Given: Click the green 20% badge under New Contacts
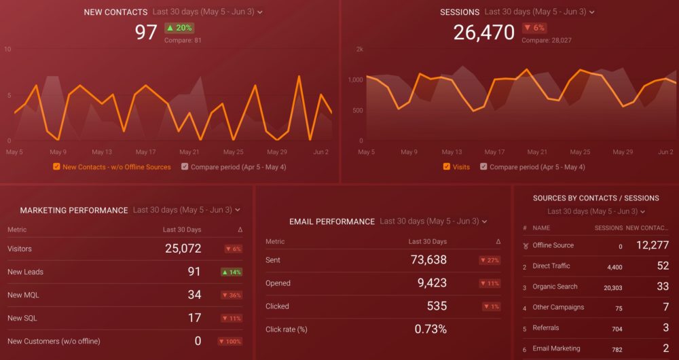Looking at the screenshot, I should tap(179, 28).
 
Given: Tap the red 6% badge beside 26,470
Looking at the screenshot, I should tap(535, 28).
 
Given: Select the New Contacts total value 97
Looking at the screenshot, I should tap(146, 32).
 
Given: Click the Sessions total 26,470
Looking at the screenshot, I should tap(484, 32).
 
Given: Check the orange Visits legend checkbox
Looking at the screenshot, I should tap(446, 166).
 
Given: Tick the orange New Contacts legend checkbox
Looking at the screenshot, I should tap(56, 166).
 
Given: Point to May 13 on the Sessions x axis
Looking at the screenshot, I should tap(452, 152).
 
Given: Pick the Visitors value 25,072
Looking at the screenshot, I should tap(183, 249).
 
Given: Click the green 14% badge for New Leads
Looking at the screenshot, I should tap(231, 272).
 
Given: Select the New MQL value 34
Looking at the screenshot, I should tap(194, 295).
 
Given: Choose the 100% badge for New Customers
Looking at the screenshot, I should tap(230, 341).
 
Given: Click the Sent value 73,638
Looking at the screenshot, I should tap(428, 259).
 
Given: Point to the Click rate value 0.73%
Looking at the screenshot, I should tap(430, 329).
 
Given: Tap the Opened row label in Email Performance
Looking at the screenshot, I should tap(278, 283).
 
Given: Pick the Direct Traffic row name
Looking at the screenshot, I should tap(551, 266).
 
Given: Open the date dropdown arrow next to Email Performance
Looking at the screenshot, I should tap(483, 221).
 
